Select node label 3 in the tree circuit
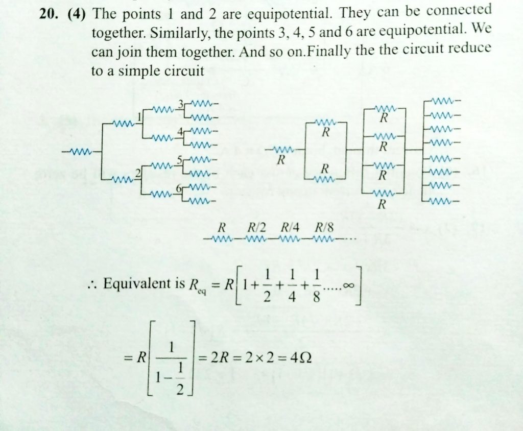coord(180,105)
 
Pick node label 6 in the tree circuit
coord(179,188)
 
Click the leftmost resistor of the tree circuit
coord(79,152)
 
